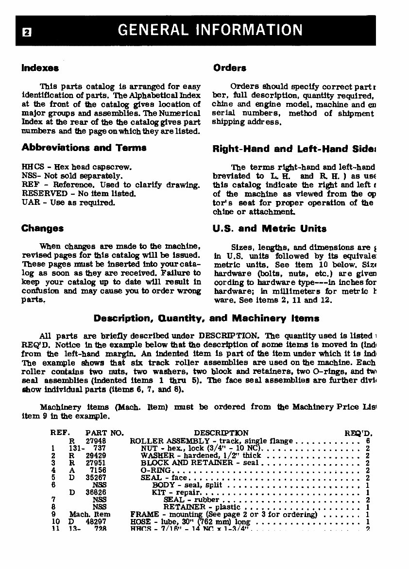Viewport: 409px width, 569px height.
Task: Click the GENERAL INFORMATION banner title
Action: [210, 30]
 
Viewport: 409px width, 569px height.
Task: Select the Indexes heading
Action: [40, 68]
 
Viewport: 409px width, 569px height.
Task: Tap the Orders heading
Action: [230, 68]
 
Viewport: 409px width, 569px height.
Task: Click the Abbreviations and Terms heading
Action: [84, 148]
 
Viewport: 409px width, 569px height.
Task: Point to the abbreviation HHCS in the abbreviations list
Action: [32, 167]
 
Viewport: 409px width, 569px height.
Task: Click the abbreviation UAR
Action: [30, 202]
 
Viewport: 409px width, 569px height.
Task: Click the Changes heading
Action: [42, 228]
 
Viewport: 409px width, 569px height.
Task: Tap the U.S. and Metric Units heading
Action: [269, 228]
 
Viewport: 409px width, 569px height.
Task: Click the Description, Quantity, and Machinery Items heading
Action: [206, 318]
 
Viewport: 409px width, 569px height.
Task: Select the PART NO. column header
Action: [104, 433]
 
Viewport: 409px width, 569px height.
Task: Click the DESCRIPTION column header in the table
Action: [221, 433]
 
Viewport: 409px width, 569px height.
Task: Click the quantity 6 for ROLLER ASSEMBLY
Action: [368, 441]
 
